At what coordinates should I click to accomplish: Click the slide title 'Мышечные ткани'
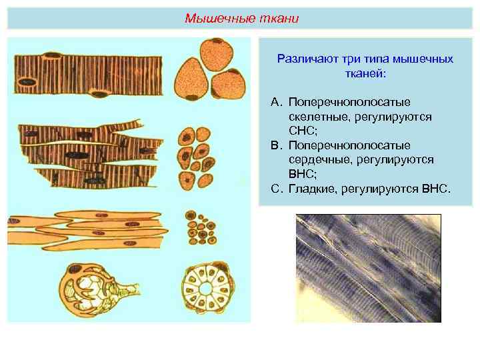click(242, 18)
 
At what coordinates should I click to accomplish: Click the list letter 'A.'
click(277, 101)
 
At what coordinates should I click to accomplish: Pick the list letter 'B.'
click(277, 145)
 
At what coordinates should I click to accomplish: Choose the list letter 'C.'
click(277, 189)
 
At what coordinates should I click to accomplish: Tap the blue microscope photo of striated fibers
click(368, 268)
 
